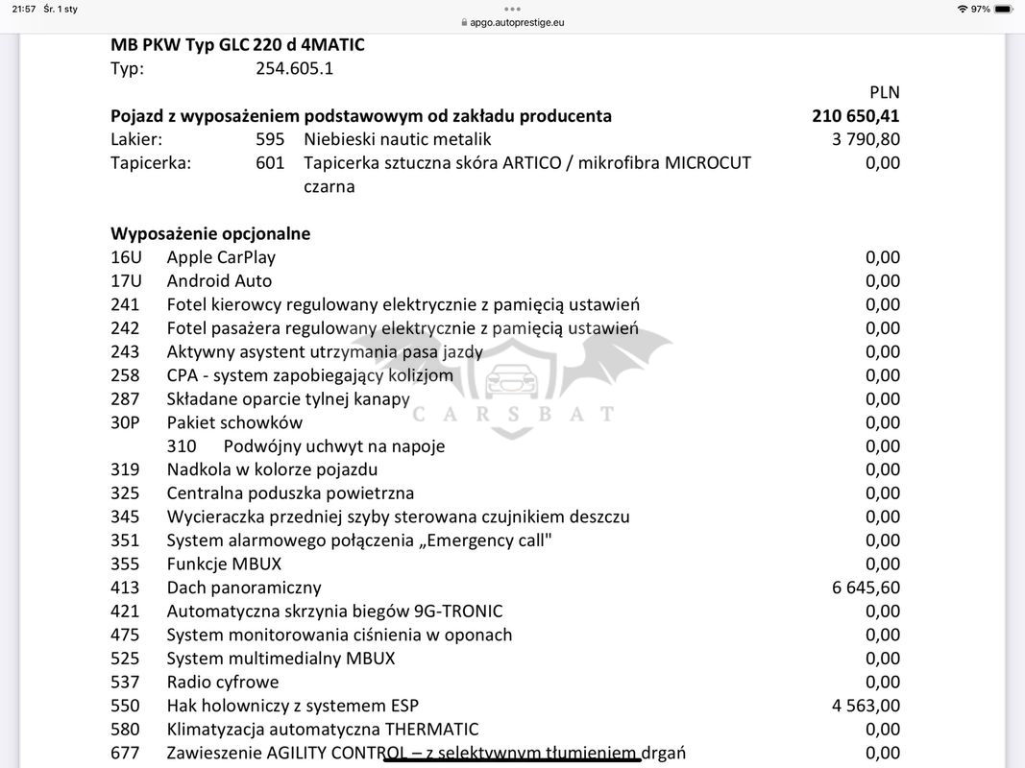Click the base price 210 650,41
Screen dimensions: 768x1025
[x=855, y=116]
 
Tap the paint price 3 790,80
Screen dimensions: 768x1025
[x=866, y=139]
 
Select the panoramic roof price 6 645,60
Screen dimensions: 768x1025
[x=866, y=588]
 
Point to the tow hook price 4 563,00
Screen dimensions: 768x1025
[x=866, y=706]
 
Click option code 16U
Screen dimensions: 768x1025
[x=126, y=257]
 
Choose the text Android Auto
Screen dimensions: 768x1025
[x=219, y=281]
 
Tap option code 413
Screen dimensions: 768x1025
[x=125, y=588]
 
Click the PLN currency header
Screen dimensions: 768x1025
[x=884, y=93]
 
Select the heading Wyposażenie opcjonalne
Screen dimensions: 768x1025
[x=210, y=234]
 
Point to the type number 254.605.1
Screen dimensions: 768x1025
[x=295, y=69]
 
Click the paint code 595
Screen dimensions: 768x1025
[x=270, y=139]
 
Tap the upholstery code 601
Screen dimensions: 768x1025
[x=270, y=163]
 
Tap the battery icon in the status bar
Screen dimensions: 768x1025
[x=1003, y=9]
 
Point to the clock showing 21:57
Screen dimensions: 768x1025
[x=24, y=9]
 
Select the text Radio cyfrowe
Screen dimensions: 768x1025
[x=223, y=683]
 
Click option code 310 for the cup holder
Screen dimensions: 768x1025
[x=182, y=446]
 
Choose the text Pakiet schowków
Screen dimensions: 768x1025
[x=234, y=423]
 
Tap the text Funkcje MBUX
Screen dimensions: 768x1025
[x=224, y=564]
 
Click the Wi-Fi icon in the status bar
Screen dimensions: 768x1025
[x=963, y=9]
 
